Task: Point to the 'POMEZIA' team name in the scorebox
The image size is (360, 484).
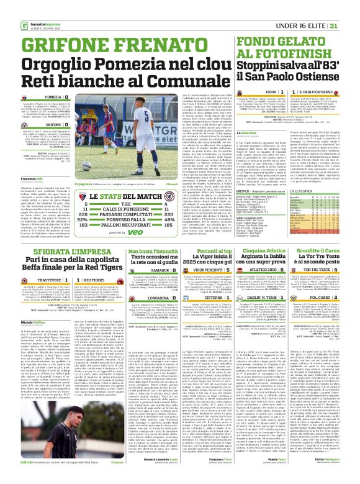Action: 53,98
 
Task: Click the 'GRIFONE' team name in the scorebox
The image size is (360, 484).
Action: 53,125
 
